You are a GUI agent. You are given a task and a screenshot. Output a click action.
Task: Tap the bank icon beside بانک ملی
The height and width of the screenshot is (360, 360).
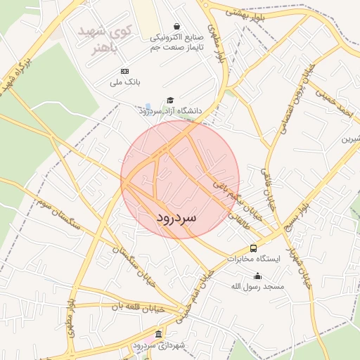click(x=125, y=71)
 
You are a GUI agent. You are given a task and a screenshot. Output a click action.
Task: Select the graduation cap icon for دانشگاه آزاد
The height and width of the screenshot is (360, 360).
click(x=169, y=101)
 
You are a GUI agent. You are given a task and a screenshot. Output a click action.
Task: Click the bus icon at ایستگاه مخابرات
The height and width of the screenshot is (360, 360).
click(x=253, y=247)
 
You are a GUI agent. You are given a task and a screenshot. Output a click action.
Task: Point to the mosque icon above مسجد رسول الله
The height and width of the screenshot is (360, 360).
click(x=257, y=276)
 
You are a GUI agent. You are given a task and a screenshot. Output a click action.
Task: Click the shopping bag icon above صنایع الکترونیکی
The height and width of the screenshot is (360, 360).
click(x=176, y=25)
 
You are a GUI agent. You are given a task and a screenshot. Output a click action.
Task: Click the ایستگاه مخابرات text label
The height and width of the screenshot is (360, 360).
click(x=254, y=259)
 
